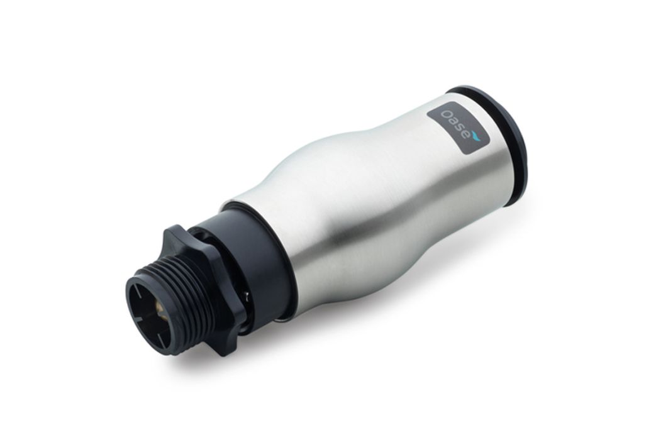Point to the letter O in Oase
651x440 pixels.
447,114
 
